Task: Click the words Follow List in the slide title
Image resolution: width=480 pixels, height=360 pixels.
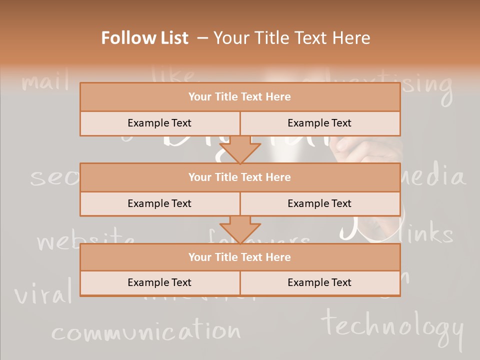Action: click(145, 38)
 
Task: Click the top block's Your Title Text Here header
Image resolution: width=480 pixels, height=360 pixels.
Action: click(239, 97)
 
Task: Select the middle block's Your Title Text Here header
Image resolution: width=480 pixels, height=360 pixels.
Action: click(239, 177)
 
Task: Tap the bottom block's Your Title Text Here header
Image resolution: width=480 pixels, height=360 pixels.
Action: click(239, 257)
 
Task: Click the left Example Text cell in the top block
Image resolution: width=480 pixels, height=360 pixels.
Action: click(159, 123)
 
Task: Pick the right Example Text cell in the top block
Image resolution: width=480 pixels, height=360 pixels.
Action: click(319, 123)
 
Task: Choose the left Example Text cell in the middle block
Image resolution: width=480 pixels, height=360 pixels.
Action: click(159, 203)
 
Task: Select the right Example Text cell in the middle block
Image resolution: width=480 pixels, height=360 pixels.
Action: click(319, 203)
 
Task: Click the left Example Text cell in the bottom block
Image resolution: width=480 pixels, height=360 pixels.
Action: click(159, 282)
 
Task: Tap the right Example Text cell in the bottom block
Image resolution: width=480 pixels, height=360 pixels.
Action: click(319, 282)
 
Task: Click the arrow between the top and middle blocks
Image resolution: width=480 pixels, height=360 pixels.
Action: click(240, 149)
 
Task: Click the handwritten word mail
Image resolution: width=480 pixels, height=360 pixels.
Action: click(45, 81)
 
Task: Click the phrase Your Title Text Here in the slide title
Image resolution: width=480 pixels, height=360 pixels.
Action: click(292, 38)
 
